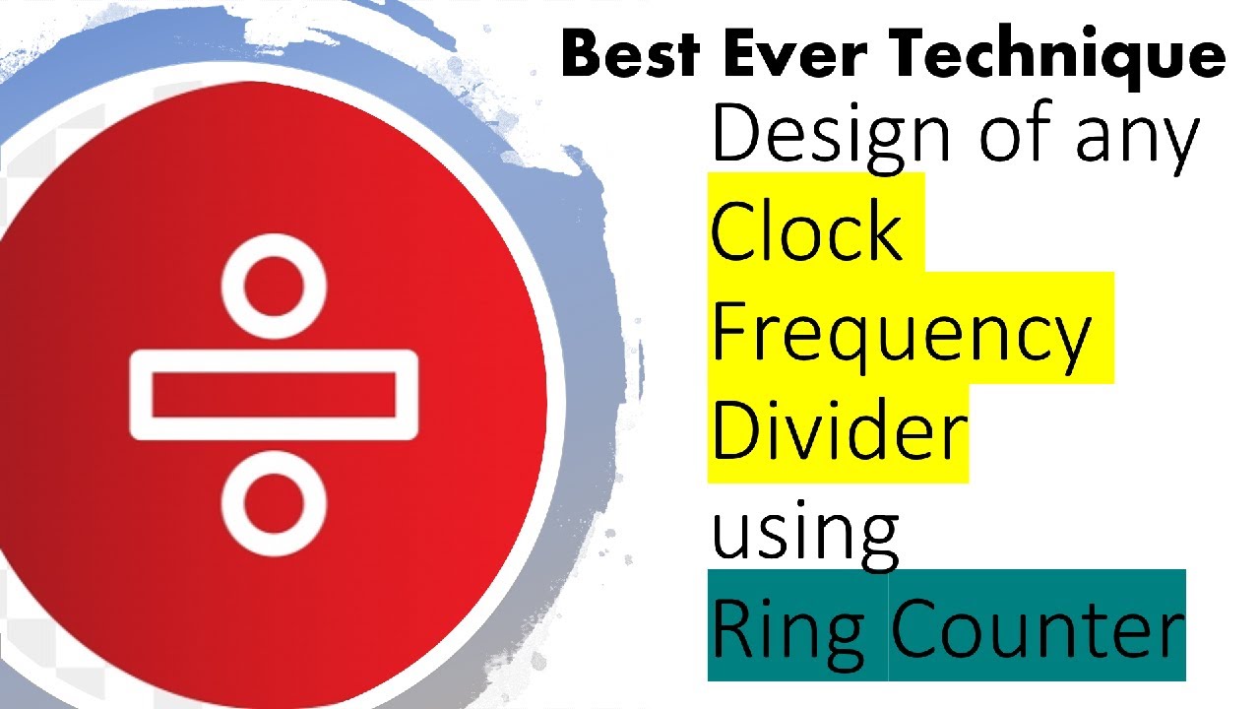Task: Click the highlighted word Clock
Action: point(806,230)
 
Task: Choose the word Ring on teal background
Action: point(788,633)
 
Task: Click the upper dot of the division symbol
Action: point(274,287)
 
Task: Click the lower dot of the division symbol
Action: point(274,502)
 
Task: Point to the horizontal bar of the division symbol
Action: point(274,395)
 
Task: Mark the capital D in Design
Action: point(735,133)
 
